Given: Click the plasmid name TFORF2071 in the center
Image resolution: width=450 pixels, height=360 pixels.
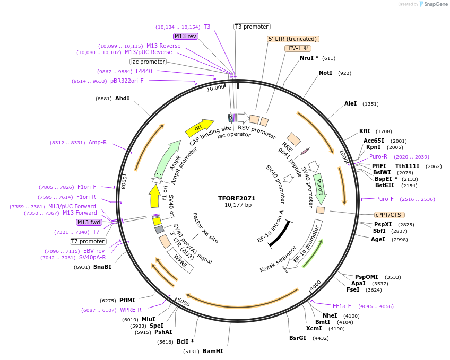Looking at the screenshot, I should [x=237, y=198].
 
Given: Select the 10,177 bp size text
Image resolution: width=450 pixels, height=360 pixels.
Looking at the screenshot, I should [x=238, y=205].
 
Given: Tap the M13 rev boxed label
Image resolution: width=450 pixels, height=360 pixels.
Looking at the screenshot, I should [x=185, y=36].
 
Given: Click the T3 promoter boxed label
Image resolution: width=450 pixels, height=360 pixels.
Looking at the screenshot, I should [x=252, y=27].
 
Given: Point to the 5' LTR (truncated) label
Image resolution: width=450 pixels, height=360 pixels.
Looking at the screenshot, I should [x=292, y=39].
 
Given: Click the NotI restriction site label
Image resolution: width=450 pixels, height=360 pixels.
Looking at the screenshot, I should [x=325, y=73].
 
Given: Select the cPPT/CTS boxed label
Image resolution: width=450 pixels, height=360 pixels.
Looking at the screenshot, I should [x=388, y=215].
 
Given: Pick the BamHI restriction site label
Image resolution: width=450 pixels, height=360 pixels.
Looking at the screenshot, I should [x=213, y=351].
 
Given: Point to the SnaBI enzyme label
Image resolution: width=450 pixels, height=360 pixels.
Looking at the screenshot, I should [x=102, y=267].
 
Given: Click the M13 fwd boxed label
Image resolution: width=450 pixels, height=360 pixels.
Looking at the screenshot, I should [x=89, y=222].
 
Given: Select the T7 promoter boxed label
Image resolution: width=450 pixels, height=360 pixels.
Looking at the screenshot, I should [x=88, y=241].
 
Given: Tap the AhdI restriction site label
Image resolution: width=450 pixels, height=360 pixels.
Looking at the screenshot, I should [x=122, y=98].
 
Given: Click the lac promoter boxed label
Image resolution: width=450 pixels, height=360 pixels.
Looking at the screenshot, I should [x=148, y=62].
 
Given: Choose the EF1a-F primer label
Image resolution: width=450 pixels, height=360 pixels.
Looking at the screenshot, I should [x=342, y=306].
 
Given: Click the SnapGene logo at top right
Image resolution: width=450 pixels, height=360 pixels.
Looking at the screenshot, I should [x=434, y=4].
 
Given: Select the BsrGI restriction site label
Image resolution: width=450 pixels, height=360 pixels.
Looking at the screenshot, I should [x=297, y=338].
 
